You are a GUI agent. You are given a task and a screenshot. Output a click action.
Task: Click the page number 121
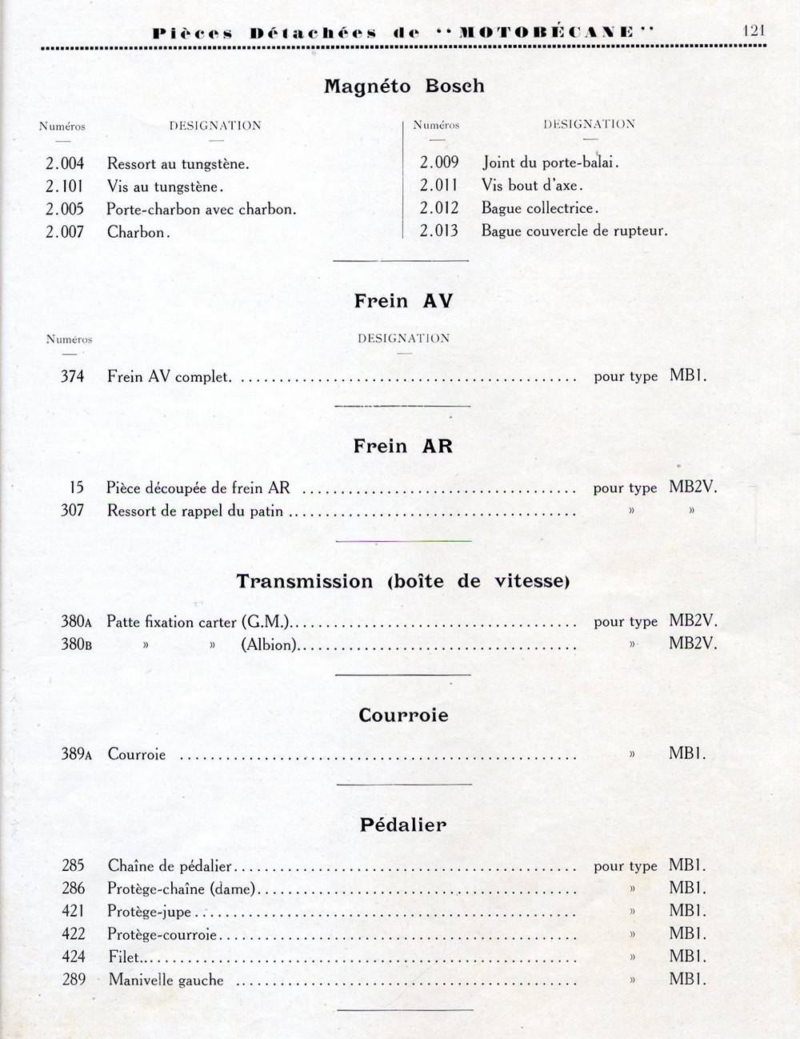pos(754,30)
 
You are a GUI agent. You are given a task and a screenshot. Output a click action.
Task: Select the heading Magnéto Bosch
pos(404,86)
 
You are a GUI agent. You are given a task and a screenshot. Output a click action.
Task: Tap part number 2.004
pos(65,164)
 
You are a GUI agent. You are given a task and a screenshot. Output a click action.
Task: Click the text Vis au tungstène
pos(165,187)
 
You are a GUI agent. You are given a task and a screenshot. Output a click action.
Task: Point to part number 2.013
pos(439,231)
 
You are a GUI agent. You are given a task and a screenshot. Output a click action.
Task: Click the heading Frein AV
pos(403,301)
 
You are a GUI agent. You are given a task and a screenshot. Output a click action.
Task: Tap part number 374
pos(72,376)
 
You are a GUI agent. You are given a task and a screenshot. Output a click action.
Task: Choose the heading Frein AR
pos(403,446)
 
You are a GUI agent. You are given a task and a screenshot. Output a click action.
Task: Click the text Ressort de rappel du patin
pos(195,511)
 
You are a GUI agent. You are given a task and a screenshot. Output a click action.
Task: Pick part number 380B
pos(76,644)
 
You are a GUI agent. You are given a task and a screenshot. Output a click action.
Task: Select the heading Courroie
pos(403,715)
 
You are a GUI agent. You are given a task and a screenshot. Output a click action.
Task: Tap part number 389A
pos(76,754)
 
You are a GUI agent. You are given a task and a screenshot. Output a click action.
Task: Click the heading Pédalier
pos(403,824)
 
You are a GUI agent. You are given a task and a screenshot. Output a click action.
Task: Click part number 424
pos(73,957)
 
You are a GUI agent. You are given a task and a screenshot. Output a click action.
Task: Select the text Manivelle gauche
pos(166,980)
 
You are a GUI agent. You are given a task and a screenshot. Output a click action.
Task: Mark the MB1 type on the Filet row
pos(687,957)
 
